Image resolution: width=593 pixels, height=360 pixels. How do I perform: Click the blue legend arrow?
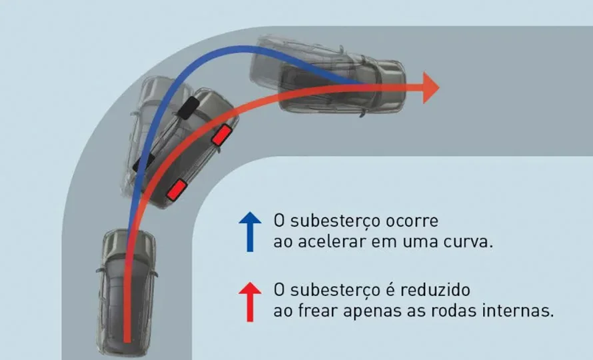click(x=250, y=231)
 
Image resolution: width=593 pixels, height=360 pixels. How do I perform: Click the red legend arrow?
click(x=250, y=302)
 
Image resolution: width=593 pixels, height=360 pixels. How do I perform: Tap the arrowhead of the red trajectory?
click(x=430, y=87)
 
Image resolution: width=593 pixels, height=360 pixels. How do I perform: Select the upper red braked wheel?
click(x=222, y=135)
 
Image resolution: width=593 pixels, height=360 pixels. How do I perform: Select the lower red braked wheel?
click(x=177, y=189)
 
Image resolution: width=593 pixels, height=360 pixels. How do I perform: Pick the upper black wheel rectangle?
click(x=189, y=108)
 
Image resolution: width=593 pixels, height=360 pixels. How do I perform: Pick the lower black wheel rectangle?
click(x=144, y=162)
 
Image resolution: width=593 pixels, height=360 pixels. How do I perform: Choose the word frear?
click(x=318, y=311)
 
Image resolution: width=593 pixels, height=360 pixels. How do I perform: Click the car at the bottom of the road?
click(x=127, y=292)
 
